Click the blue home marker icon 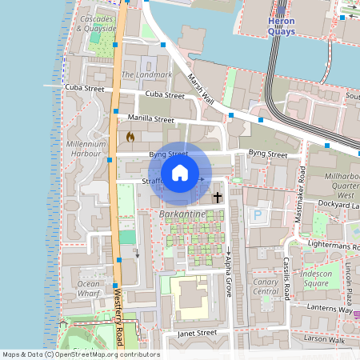[x=180, y=173]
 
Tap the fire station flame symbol [x=130, y=137]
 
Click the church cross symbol [x=218, y=197]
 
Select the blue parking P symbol [x=258, y=215]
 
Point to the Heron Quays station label [x=281, y=26]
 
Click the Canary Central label [x=265, y=286]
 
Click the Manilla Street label [x=150, y=119]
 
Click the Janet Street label [x=197, y=332]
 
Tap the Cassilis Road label [x=286, y=278]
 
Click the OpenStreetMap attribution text [x=81, y=354]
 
